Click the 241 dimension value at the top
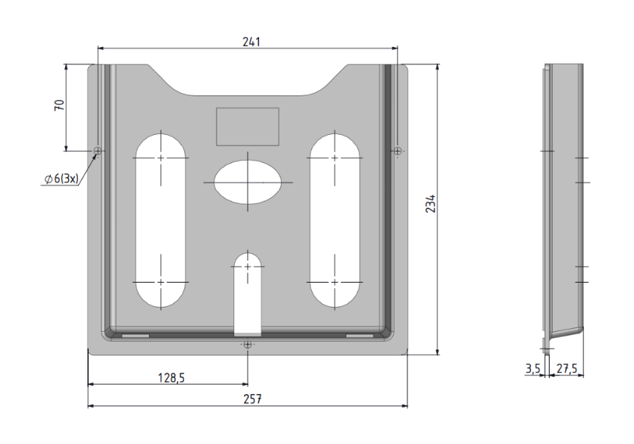pyautogui.click(x=251, y=42)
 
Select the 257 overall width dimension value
pyautogui.click(x=252, y=399)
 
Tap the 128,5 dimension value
pyautogui.click(x=171, y=377)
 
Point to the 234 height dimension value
pyautogui.click(x=430, y=204)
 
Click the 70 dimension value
pyautogui.click(x=59, y=105)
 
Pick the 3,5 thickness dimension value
pyautogui.click(x=532, y=369)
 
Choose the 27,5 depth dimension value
pyautogui.click(x=567, y=369)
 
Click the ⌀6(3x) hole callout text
pyautogui.click(x=61, y=178)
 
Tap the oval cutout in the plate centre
pyautogui.click(x=247, y=182)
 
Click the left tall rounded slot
pyautogui.click(x=161, y=220)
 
